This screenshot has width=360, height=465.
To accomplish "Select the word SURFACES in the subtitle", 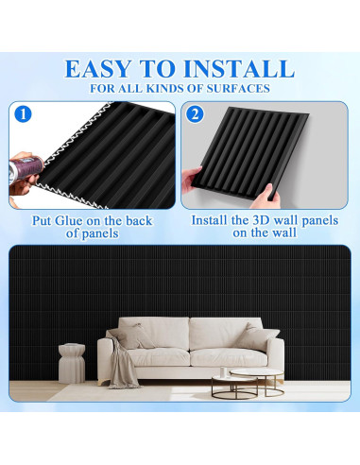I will [x=240, y=89].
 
